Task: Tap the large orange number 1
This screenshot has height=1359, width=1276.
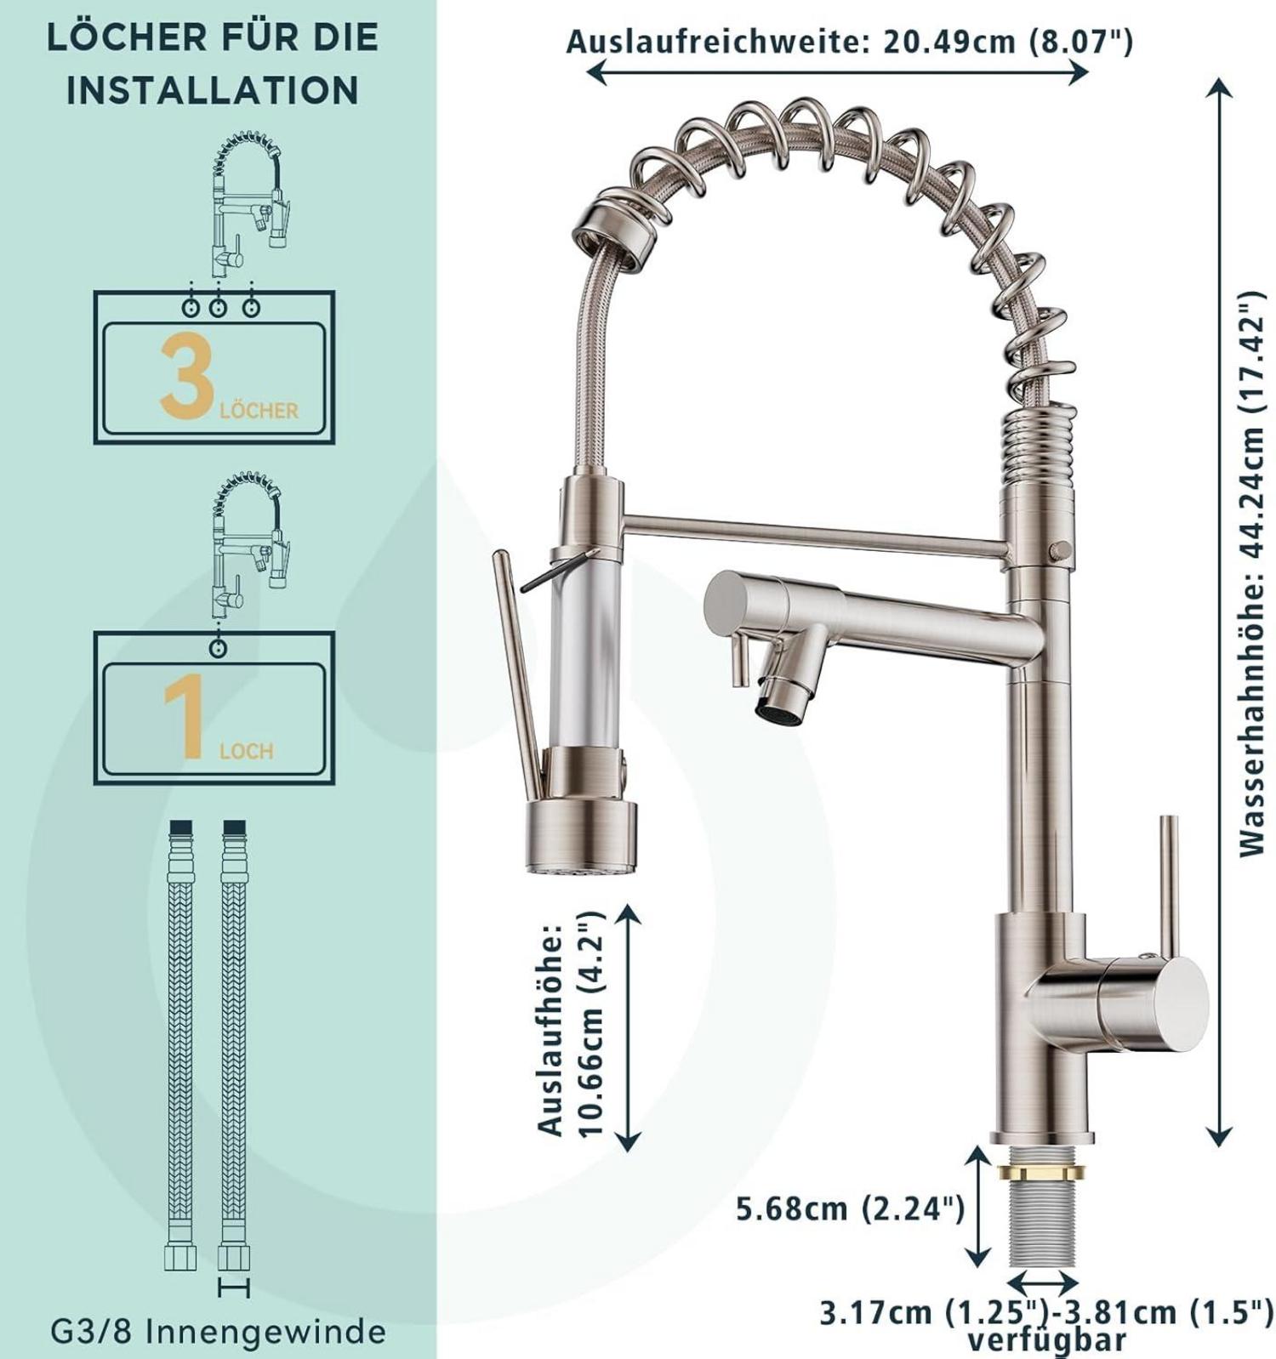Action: pos(184,718)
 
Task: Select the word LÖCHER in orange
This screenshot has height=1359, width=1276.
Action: pos(259,410)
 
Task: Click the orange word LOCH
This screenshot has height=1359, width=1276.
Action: pos(246,751)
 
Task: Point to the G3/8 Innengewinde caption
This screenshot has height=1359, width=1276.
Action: pos(218,1331)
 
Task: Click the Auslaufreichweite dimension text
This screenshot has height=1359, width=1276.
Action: pos(849,41)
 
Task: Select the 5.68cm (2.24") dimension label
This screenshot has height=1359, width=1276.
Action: pos(850,1208)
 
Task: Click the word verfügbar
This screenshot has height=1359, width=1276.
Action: pos(1046,1341)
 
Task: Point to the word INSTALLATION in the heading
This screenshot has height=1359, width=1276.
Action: pos(213,90)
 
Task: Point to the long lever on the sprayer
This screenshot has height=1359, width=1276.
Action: pos(517,674)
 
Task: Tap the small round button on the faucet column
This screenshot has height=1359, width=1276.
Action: pos(1058,551)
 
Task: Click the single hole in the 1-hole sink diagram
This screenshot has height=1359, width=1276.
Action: pos(219,649)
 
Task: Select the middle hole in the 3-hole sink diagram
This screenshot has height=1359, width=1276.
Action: pos(219,309)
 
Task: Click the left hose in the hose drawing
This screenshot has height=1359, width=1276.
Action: pos(180,1045)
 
